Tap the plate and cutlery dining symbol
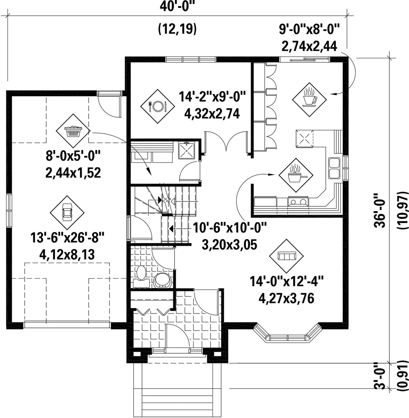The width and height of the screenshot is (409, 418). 158,106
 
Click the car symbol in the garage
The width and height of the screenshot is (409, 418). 67,212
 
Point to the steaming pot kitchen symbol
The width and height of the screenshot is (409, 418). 296,175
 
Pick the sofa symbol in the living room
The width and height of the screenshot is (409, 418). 286,256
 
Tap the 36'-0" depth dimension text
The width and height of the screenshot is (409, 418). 380,211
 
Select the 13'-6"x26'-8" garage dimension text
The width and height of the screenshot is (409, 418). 67,237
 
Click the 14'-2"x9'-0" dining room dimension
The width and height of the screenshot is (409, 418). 212,96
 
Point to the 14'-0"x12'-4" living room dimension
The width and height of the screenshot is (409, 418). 287,281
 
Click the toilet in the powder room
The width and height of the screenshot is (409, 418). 141,275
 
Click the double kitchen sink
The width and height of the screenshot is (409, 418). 334,168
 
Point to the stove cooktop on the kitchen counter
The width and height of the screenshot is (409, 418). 298,201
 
